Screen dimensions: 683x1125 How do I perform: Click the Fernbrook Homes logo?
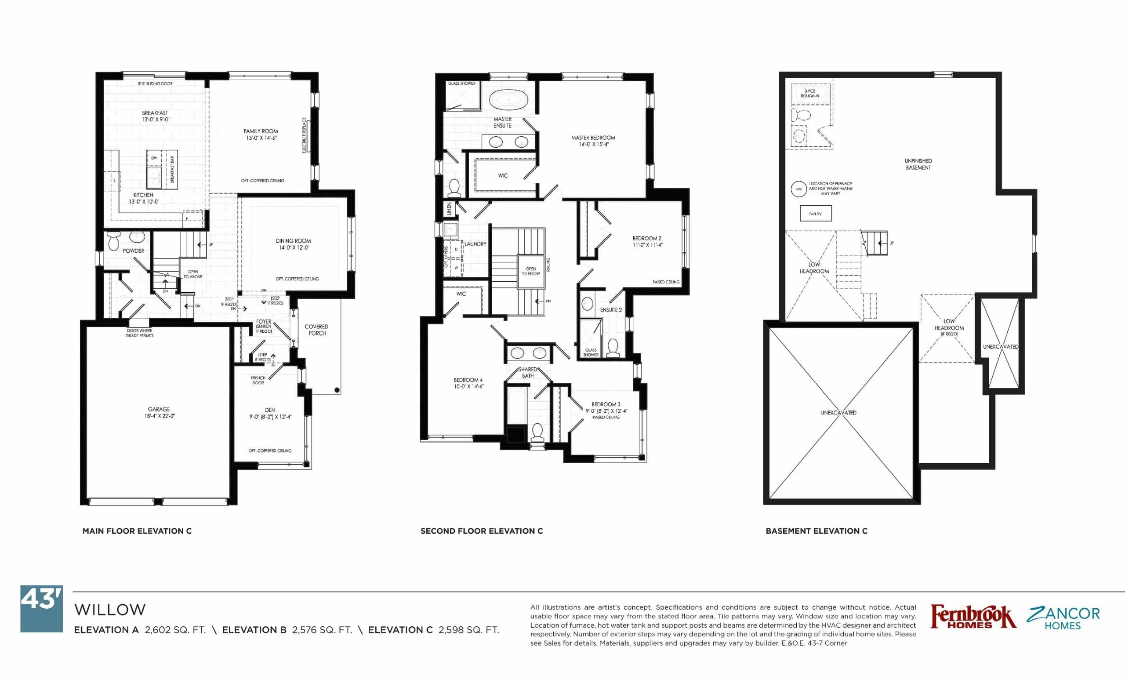973,617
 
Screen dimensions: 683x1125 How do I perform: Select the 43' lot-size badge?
42,609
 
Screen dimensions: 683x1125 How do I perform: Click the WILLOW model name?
110,610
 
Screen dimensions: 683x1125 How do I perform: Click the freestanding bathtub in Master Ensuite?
508,98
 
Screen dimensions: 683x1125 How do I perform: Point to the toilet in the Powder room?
114,243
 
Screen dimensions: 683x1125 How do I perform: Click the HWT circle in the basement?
799,189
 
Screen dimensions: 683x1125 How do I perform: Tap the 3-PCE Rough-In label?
810,94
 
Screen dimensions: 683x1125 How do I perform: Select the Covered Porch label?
316,330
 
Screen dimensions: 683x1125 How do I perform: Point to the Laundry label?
475,244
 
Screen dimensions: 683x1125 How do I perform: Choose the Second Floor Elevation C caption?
481,531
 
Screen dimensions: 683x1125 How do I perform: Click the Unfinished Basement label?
918,164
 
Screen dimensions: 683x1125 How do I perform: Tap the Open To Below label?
530,271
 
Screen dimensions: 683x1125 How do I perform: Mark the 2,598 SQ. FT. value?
468,630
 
